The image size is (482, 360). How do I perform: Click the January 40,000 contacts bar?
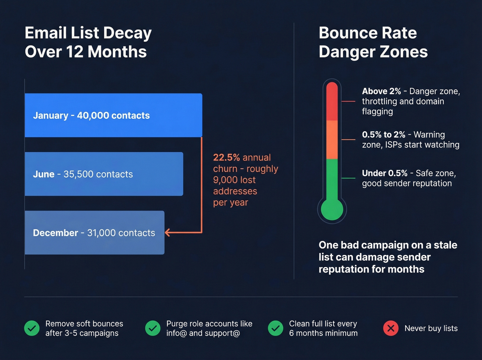[113, 115]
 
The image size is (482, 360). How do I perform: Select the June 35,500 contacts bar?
[104, 174]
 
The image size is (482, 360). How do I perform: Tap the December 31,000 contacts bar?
[94, 233]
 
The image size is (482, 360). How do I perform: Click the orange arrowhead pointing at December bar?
[168, 233]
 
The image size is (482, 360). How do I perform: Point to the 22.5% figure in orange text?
[226, 157]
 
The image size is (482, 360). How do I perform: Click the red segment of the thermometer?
[332, 102]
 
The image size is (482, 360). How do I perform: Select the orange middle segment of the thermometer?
[332, 140]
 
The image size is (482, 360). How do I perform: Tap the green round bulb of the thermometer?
[332, 209]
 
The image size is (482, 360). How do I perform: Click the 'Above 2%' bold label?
[381, 91]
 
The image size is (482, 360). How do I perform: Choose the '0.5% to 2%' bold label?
[384, 135]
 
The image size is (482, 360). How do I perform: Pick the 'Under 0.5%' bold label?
[385, 173]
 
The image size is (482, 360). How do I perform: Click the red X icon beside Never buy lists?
[391, 328]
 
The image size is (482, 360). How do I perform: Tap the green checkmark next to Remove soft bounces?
[32, 328]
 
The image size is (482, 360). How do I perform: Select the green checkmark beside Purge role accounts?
[153, 328]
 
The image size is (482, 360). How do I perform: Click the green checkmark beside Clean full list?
[275, 328]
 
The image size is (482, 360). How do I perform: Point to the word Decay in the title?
[127, 33]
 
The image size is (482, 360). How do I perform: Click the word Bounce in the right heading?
[345, 33]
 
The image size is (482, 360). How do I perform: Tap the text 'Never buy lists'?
[431, 328]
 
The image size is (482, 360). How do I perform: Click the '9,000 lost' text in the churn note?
[234, 180]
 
